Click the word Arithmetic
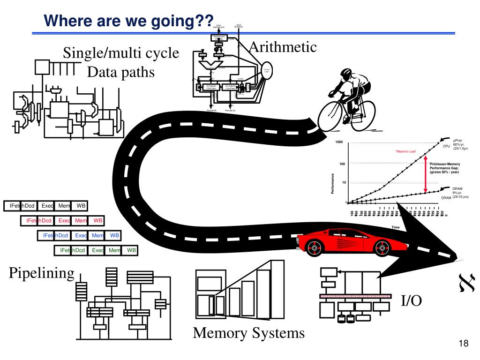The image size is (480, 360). point(283,47)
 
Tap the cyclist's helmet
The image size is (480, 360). point(346,73)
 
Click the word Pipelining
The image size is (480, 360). point(42,273)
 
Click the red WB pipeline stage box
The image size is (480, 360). point(97,220)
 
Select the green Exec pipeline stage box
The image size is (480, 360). point(98,251)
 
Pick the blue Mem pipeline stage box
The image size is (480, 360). point(97,235)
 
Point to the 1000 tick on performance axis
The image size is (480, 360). point(339,142)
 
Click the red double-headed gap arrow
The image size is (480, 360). point(425,174)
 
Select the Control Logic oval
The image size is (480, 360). point(266,70)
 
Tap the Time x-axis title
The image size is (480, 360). point(396,227)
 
